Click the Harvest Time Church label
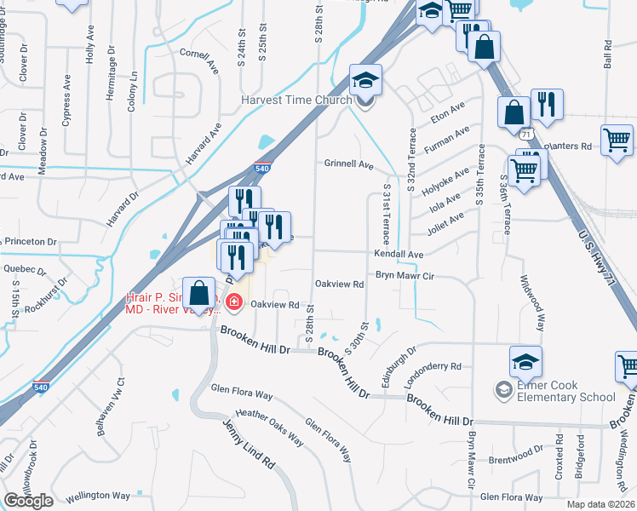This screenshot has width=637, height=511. [x=296, y=100]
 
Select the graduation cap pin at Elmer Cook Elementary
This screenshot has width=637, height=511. [x=525, y=363]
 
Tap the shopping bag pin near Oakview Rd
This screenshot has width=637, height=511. [x=198, y=294]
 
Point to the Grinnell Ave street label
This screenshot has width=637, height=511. [x=348, y=164]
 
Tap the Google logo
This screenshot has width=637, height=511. [x=28, y=501]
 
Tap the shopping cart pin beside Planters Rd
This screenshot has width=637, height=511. [x=616, y=141]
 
